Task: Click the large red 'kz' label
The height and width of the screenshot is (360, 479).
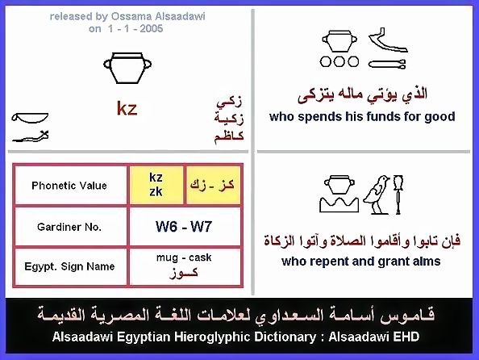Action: (x=127, y=109)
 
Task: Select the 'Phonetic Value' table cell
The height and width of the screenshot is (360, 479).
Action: (x=70, y=185)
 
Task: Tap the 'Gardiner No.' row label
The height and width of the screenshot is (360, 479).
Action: (x=70, y=227)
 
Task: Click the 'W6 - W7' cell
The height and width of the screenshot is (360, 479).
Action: (x=185, y=227)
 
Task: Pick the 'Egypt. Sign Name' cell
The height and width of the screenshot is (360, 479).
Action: (x=70, y=266)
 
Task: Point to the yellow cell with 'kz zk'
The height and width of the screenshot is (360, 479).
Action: (x=156, y=185)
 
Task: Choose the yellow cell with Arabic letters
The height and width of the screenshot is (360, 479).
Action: (x=213, y=185)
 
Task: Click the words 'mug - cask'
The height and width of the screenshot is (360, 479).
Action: (x=184, y=257)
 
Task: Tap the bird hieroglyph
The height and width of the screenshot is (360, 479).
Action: (x=377, y=195)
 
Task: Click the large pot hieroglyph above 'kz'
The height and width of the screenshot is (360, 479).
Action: (x=127, y=68)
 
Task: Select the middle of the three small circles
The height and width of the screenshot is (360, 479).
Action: (x=339, y=62)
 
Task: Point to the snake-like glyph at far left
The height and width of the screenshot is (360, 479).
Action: (x=31, y=136)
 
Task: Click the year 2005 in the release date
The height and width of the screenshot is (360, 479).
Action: (x=152, y=29)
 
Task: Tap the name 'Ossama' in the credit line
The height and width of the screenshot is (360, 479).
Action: (x=130, y=16)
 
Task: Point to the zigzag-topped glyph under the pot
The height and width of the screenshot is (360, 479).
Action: (x=339, y=204)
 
